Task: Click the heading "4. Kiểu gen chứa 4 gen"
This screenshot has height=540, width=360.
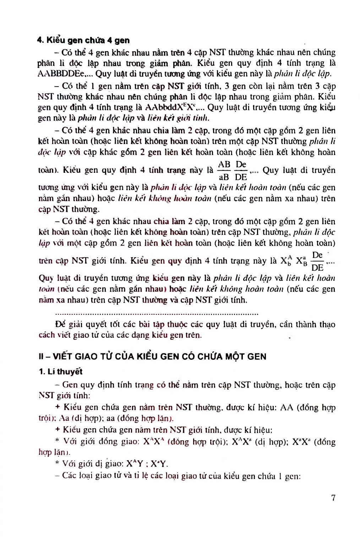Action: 83,40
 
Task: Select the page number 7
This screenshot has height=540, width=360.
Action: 333,498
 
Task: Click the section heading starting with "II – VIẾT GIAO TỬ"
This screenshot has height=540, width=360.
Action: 152,357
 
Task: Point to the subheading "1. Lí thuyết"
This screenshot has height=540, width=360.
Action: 60,372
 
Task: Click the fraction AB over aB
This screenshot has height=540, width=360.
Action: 224,171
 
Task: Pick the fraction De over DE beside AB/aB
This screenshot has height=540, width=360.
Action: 241,171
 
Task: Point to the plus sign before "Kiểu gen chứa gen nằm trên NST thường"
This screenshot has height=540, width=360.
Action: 58,407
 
